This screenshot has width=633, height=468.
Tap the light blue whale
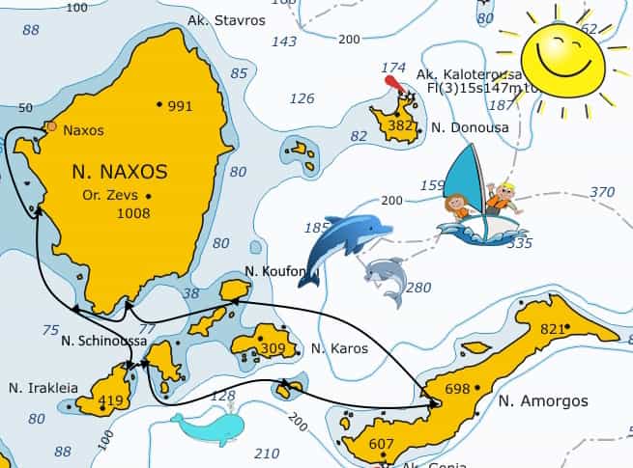pos(211,427)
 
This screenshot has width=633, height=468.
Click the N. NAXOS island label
pos(120,173)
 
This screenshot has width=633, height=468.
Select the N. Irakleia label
pos(43,388)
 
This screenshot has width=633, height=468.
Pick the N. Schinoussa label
pos(102,341)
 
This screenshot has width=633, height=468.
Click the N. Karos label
pos(339,348)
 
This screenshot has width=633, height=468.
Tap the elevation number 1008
pos(132,213)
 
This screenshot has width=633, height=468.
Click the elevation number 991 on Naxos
pos(180,106)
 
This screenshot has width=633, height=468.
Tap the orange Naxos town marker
pos(51,126)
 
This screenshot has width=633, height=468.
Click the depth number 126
pos(302,98)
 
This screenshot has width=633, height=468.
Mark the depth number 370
pos(602,192)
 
